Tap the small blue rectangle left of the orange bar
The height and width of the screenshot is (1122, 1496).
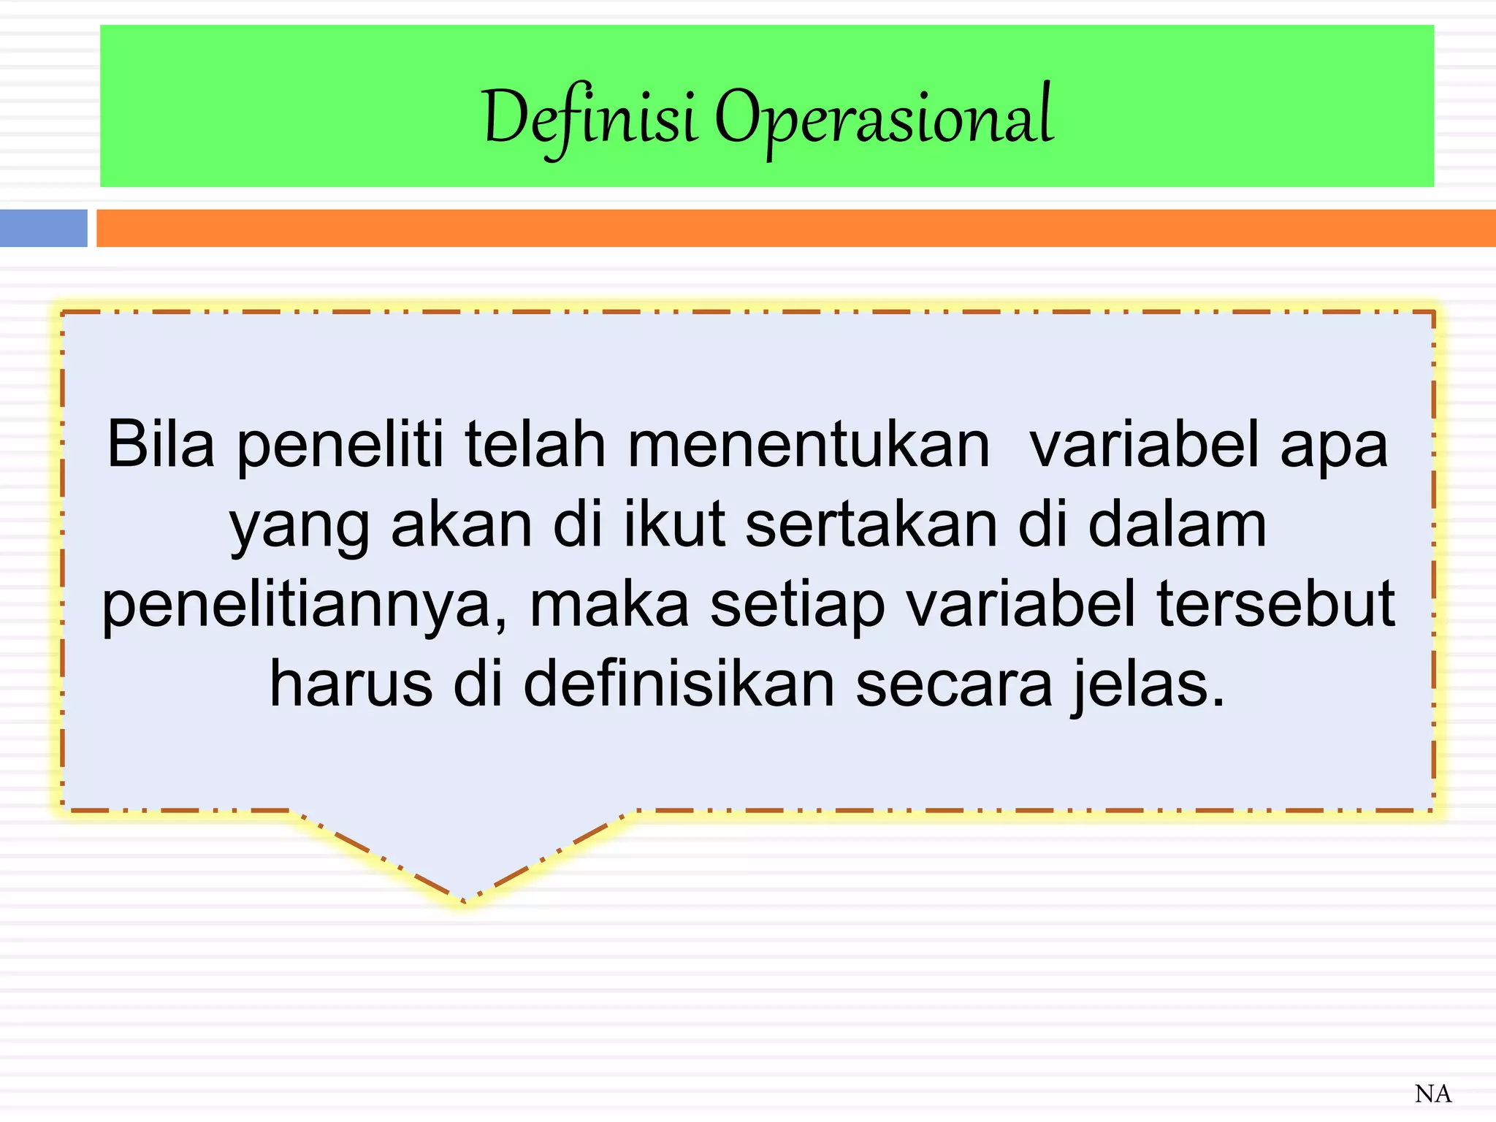[43, 228]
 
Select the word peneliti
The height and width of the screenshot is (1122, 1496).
[340, 446]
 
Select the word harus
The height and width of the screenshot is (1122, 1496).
[351, 684]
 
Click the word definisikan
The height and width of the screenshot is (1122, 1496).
[679, 684]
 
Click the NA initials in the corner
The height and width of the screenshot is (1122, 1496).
[1432, 1094]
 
